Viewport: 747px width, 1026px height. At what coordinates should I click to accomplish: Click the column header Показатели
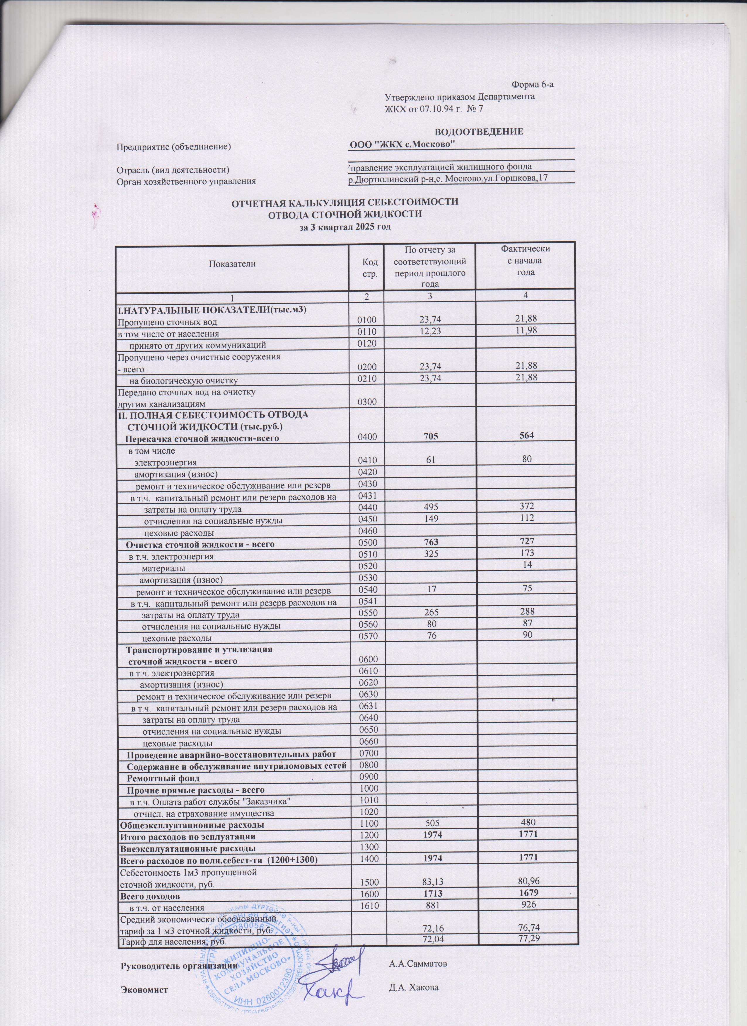[x=231, y=264]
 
